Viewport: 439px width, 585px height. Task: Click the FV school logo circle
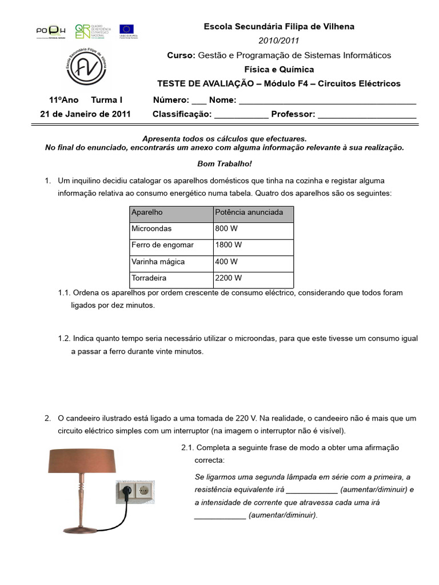[x=85, y=67]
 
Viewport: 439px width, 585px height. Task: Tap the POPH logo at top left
[x=50, y=30]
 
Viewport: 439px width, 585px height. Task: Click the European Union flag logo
[x=126, y=30]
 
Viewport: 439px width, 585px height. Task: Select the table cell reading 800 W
[x=253, y=229]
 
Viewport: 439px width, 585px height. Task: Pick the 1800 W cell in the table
[x=253, y=245]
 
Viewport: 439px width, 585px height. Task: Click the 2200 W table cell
[x=253, y=278]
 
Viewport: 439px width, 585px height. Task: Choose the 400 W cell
[x=253, y=262]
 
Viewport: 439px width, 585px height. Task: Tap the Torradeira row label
[x=171, y=278]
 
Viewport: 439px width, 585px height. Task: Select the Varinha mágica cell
[x=171, y=262]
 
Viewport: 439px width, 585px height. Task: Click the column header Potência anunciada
[x=253, y=213]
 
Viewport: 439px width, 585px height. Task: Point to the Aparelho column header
[x=171, y=213]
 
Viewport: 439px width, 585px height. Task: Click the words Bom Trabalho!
[x=224, y=164]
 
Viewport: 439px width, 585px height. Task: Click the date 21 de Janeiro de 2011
[x=85, y=114]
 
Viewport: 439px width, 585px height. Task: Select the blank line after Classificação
[x=241, y=114]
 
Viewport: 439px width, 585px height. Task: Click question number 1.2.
[x=64, y=338]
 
